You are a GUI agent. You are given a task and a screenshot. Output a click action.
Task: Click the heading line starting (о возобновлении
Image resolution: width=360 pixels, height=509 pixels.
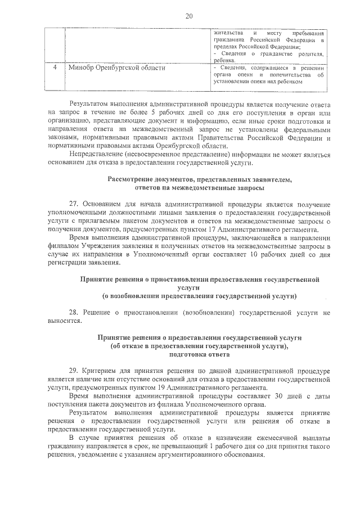[x=199, y=295]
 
